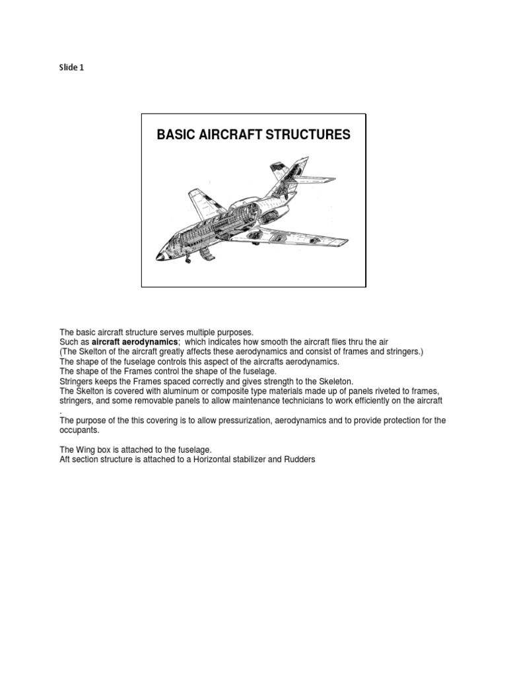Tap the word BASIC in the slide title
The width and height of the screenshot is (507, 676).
click(173, 135)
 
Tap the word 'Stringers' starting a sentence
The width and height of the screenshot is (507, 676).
click(77, 382)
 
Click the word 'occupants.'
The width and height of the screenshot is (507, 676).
click(80, 430)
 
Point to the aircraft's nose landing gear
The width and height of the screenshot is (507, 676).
click(187, 260)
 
